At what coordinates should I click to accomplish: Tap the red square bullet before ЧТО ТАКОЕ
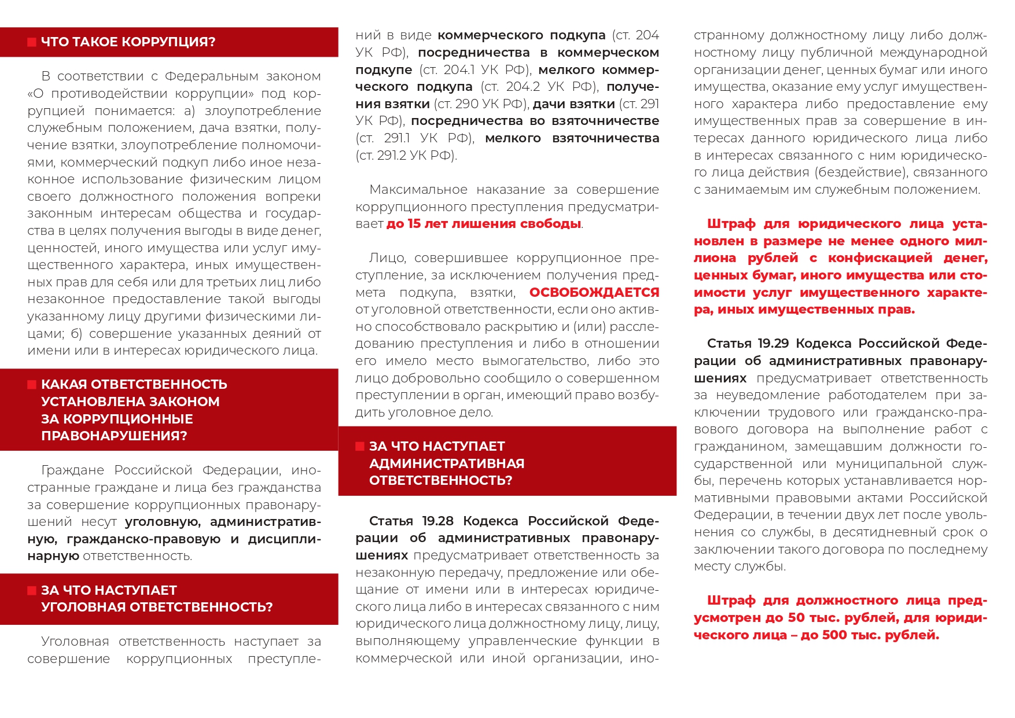coord(32,42)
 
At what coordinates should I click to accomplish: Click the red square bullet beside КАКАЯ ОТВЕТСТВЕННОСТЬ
coord(32,385)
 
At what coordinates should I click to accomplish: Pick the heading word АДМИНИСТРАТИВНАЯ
coord(447,463)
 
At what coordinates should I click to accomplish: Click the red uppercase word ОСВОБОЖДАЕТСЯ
coord(594,293)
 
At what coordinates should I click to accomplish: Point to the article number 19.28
coord(437,521)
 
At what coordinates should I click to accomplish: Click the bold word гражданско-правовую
coord(144,539)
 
